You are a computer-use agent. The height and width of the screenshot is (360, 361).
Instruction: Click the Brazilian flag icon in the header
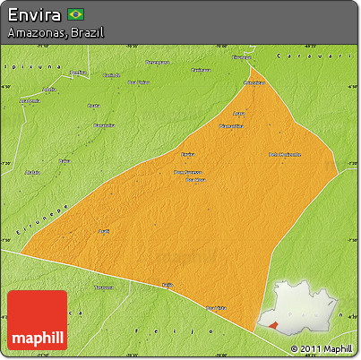(x=76, y=14)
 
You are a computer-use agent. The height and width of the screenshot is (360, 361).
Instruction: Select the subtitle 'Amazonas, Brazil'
(x=55, y=32)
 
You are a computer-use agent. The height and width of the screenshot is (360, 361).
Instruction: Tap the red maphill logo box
(x=37, y=320)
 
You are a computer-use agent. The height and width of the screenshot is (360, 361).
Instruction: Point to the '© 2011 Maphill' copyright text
(x=322, y=348)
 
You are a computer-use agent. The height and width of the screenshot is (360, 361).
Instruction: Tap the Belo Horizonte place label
(x=284, y=154)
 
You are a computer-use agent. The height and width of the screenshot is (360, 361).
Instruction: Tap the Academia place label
(x=30, y=101)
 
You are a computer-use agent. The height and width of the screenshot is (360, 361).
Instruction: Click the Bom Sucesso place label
(x=187, y=172)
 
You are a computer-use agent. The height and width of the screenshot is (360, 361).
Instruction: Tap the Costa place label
(x=93, y=106)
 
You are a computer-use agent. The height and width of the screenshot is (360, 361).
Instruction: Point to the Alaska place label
(x=33, y=170)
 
